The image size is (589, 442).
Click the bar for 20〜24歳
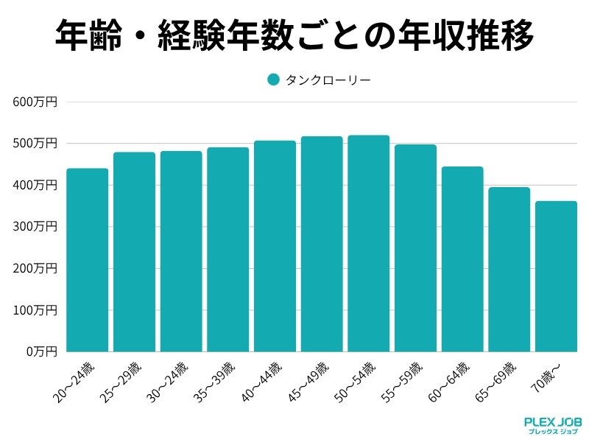pos(87,260)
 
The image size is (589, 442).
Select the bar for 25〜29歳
pos(134,252)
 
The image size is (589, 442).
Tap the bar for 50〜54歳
pos(368,243)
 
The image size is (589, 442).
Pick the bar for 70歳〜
pos(556,276)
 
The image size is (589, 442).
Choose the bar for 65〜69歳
pos(509,270)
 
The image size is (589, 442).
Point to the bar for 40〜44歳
pos(275,246)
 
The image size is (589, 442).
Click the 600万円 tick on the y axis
pos(35,102)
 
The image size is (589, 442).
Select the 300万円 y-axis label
pos(35,226)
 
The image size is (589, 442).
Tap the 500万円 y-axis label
pos(35,143)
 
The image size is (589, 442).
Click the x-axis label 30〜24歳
pos(166,382)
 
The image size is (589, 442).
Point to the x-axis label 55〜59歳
pos(401,382)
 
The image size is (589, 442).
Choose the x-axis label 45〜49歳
pos(308,382)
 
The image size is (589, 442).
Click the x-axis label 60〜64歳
pos(448,382)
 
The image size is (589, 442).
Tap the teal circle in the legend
pos(273,80)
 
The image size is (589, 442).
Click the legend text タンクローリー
pos(328,80)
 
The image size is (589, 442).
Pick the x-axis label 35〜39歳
pos(214,382)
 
